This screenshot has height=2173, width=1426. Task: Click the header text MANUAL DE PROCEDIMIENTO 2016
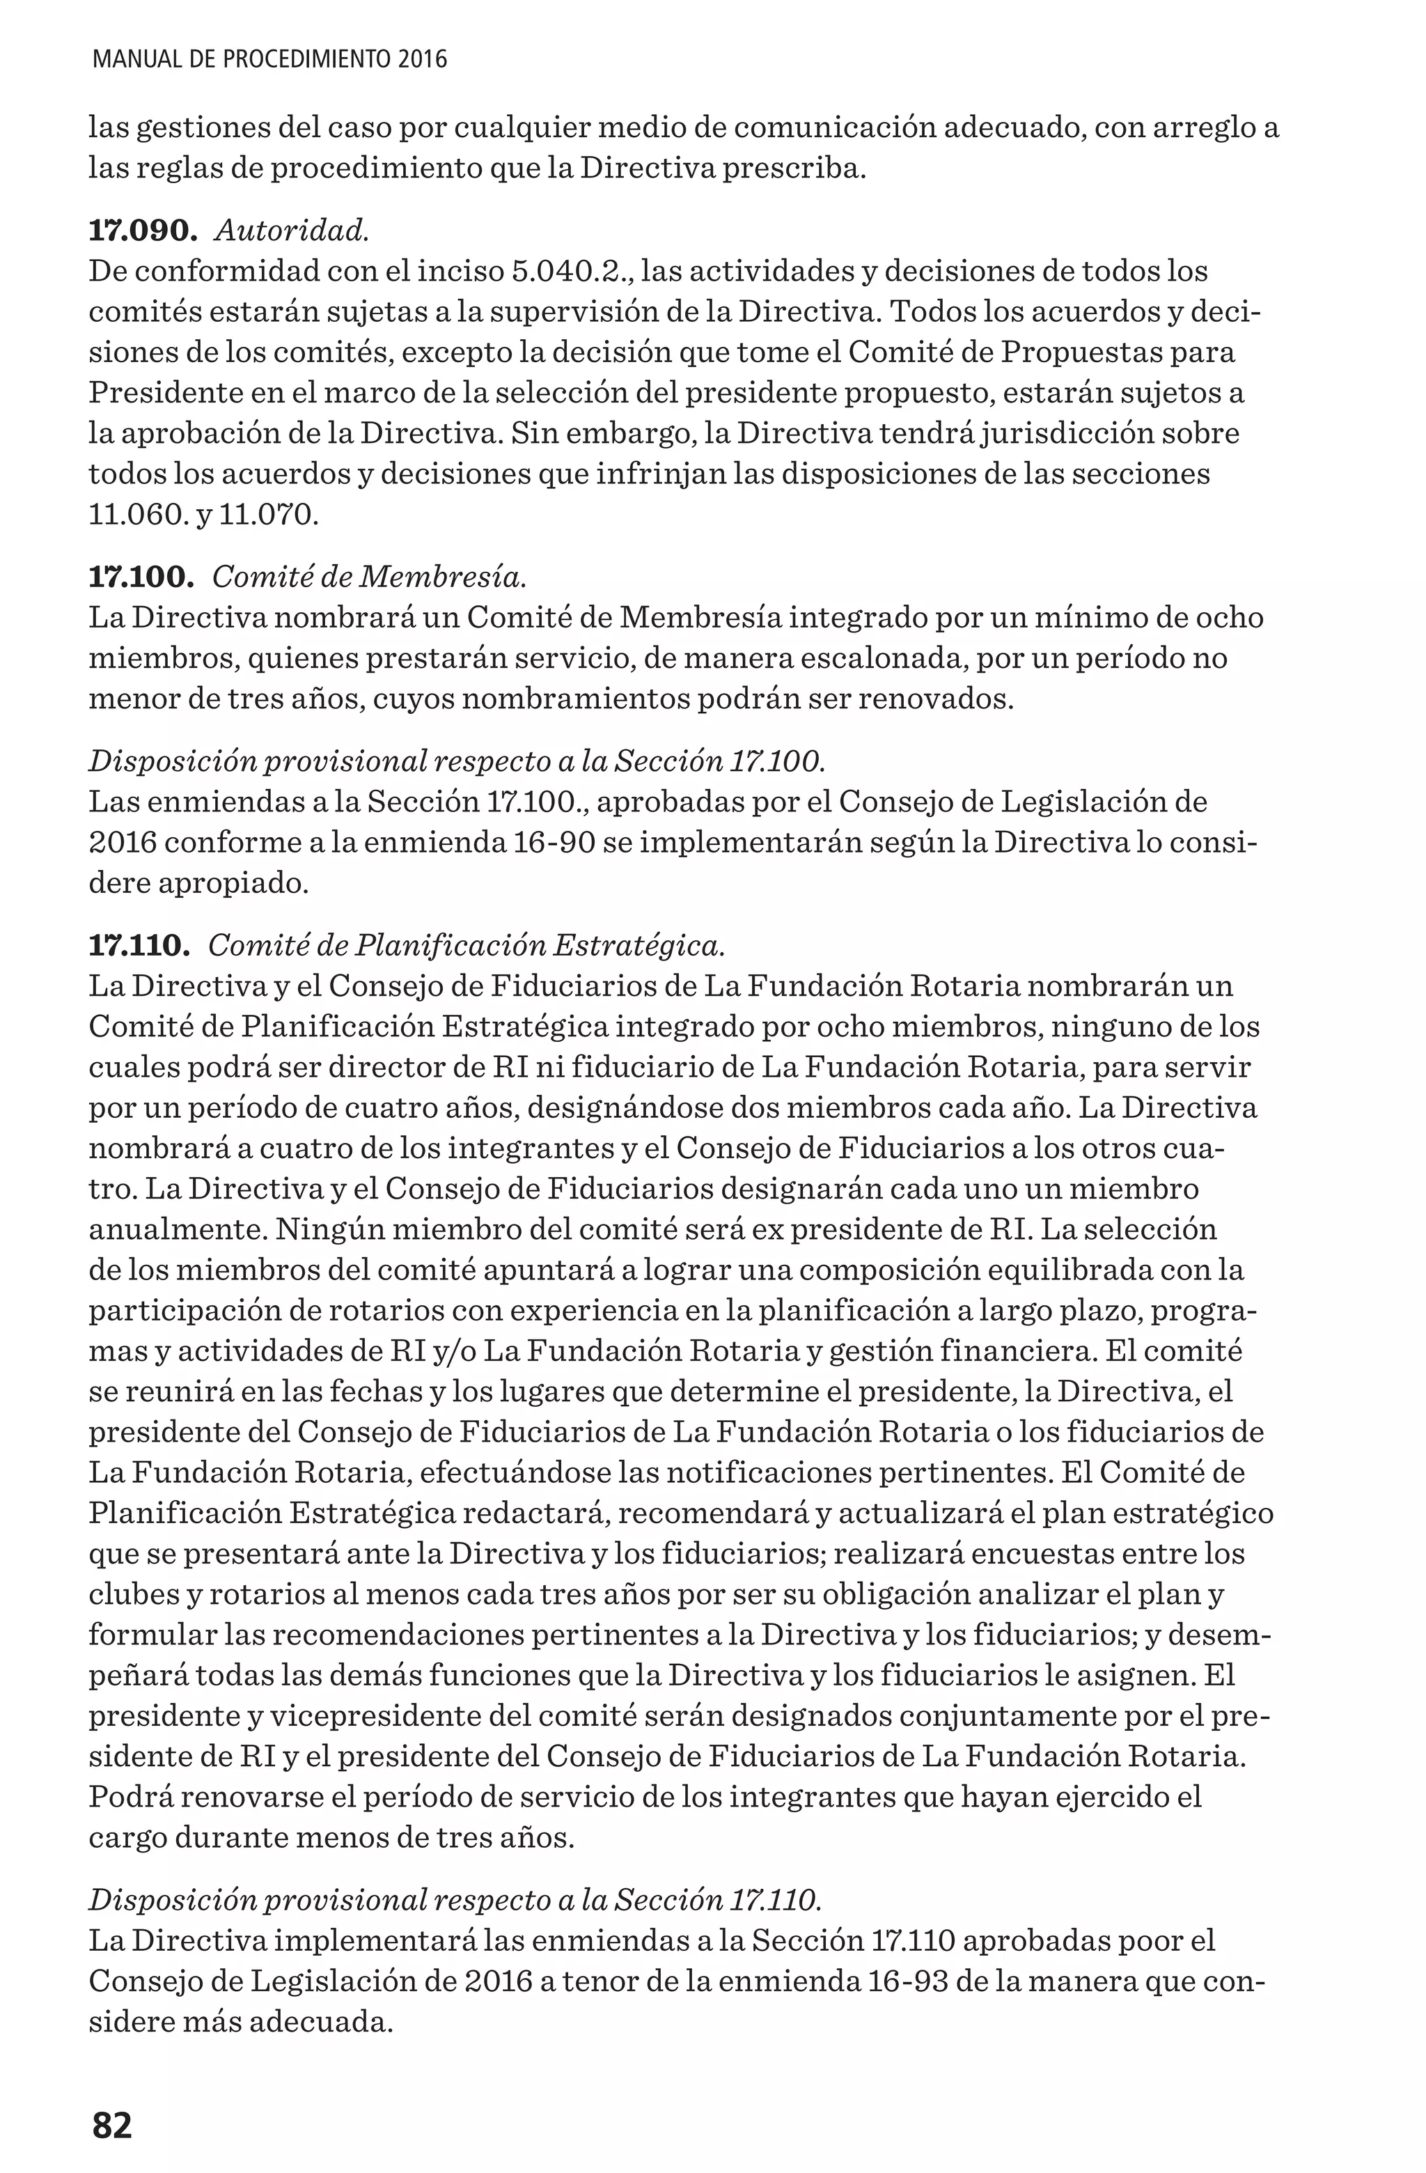point(270,61)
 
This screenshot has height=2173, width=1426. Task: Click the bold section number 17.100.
point(141,577)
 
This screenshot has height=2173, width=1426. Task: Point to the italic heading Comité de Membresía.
point(370,577)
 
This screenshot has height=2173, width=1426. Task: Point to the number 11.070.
point(269,515)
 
